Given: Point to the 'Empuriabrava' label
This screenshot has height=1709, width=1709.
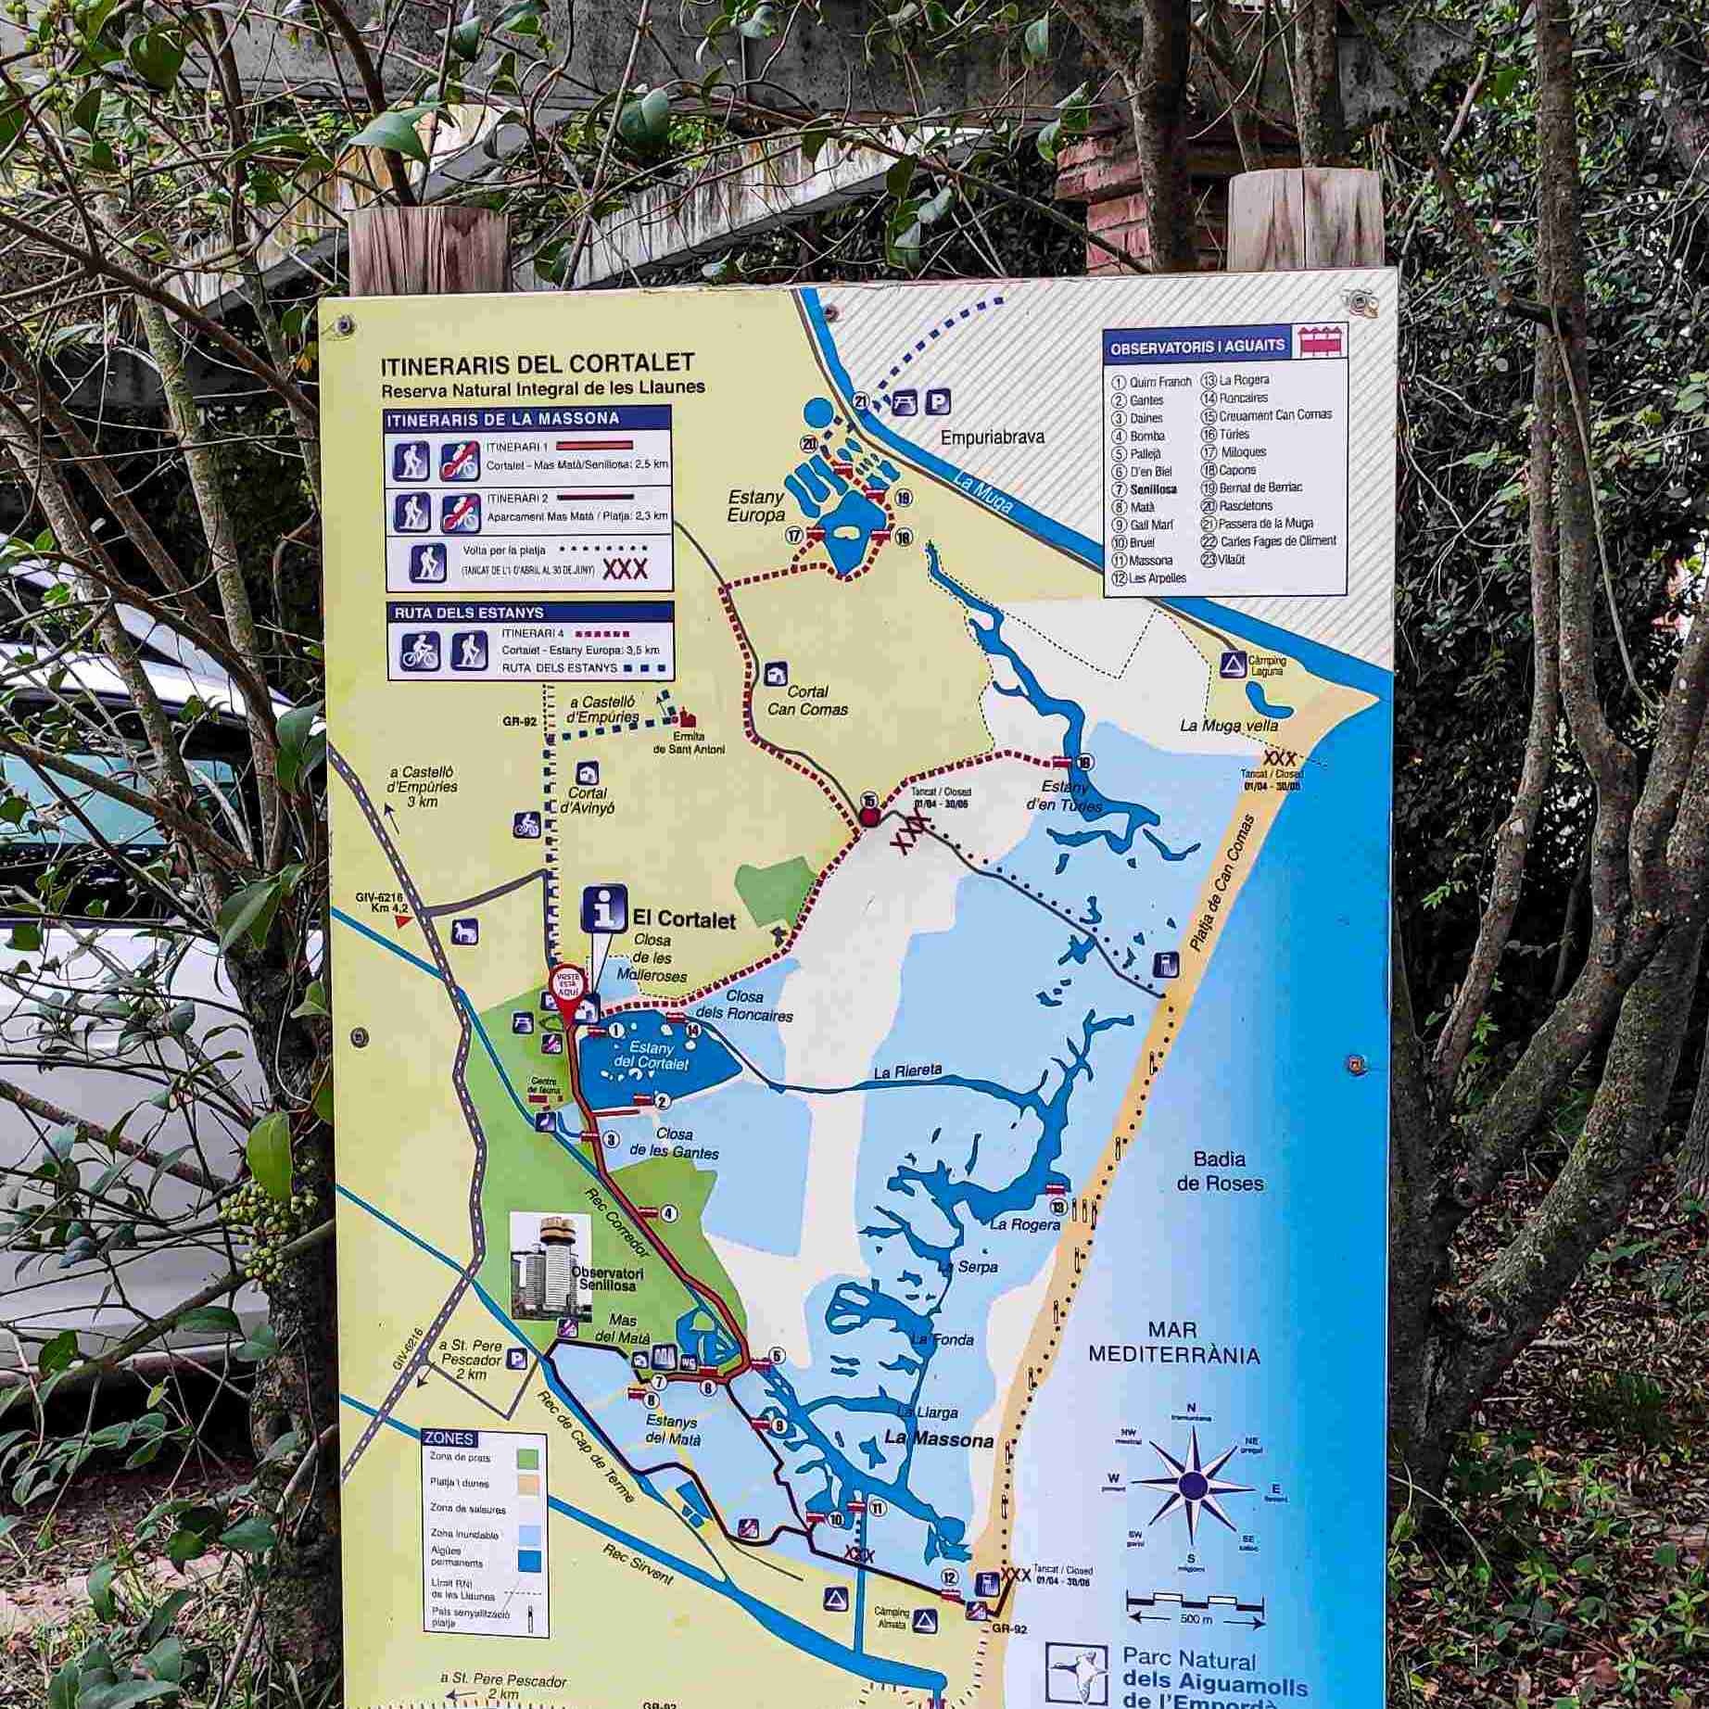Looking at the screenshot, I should click(x=992, y=437).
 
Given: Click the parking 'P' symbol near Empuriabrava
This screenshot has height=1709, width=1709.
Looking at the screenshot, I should click(x=939, y=402).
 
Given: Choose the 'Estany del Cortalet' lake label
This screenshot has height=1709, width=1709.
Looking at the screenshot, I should click(x=653, y=1057).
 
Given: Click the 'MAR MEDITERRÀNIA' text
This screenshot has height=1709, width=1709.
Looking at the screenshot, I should click(x=1173, y=1341).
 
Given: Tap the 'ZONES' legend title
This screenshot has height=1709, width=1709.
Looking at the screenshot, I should click(x=449, y=1439).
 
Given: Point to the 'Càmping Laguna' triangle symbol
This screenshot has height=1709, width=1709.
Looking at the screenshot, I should click(x=1232, y=663).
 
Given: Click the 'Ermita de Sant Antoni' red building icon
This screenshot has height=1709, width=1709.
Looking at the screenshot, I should click(x=688, y=718).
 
